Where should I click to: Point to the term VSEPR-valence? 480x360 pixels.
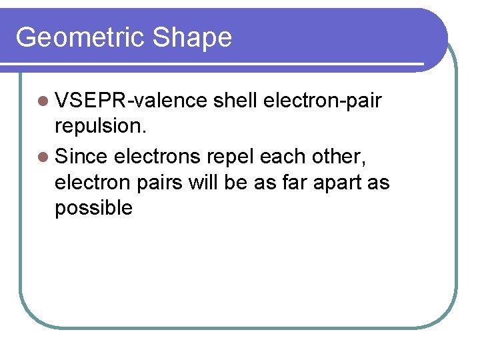[131, 101]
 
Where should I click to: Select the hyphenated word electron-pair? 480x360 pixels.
[323, 101]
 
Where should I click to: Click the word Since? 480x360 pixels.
[82, 157]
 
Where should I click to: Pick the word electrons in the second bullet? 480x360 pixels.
[157, 157]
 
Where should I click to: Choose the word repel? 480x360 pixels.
[231, 157]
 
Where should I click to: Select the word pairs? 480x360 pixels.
[160, 182]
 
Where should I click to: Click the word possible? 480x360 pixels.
[93, 208]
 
